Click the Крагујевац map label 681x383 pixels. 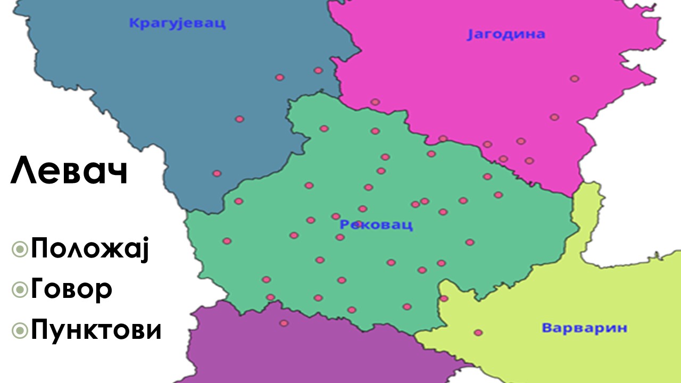(177, 23)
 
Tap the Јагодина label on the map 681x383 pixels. (506, 35)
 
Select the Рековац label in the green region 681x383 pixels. (376, 225)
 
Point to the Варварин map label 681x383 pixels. (584, 328)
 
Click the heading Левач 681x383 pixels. (69, 171)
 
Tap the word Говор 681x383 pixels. (71, 289)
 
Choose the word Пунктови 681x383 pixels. (96, 330)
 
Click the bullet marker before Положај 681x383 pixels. (20, 248)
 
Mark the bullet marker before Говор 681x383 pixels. (20, 289)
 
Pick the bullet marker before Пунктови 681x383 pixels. (20, 330)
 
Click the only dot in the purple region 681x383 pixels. (284, 323)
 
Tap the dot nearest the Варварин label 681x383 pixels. (478, 332)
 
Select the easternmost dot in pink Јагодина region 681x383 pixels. (575, 79)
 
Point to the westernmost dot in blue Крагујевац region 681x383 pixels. (217, 173)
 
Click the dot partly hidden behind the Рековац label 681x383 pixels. (359, 224)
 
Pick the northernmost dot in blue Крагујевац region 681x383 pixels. (318, 70)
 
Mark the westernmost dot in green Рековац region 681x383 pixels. (227, 241)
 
